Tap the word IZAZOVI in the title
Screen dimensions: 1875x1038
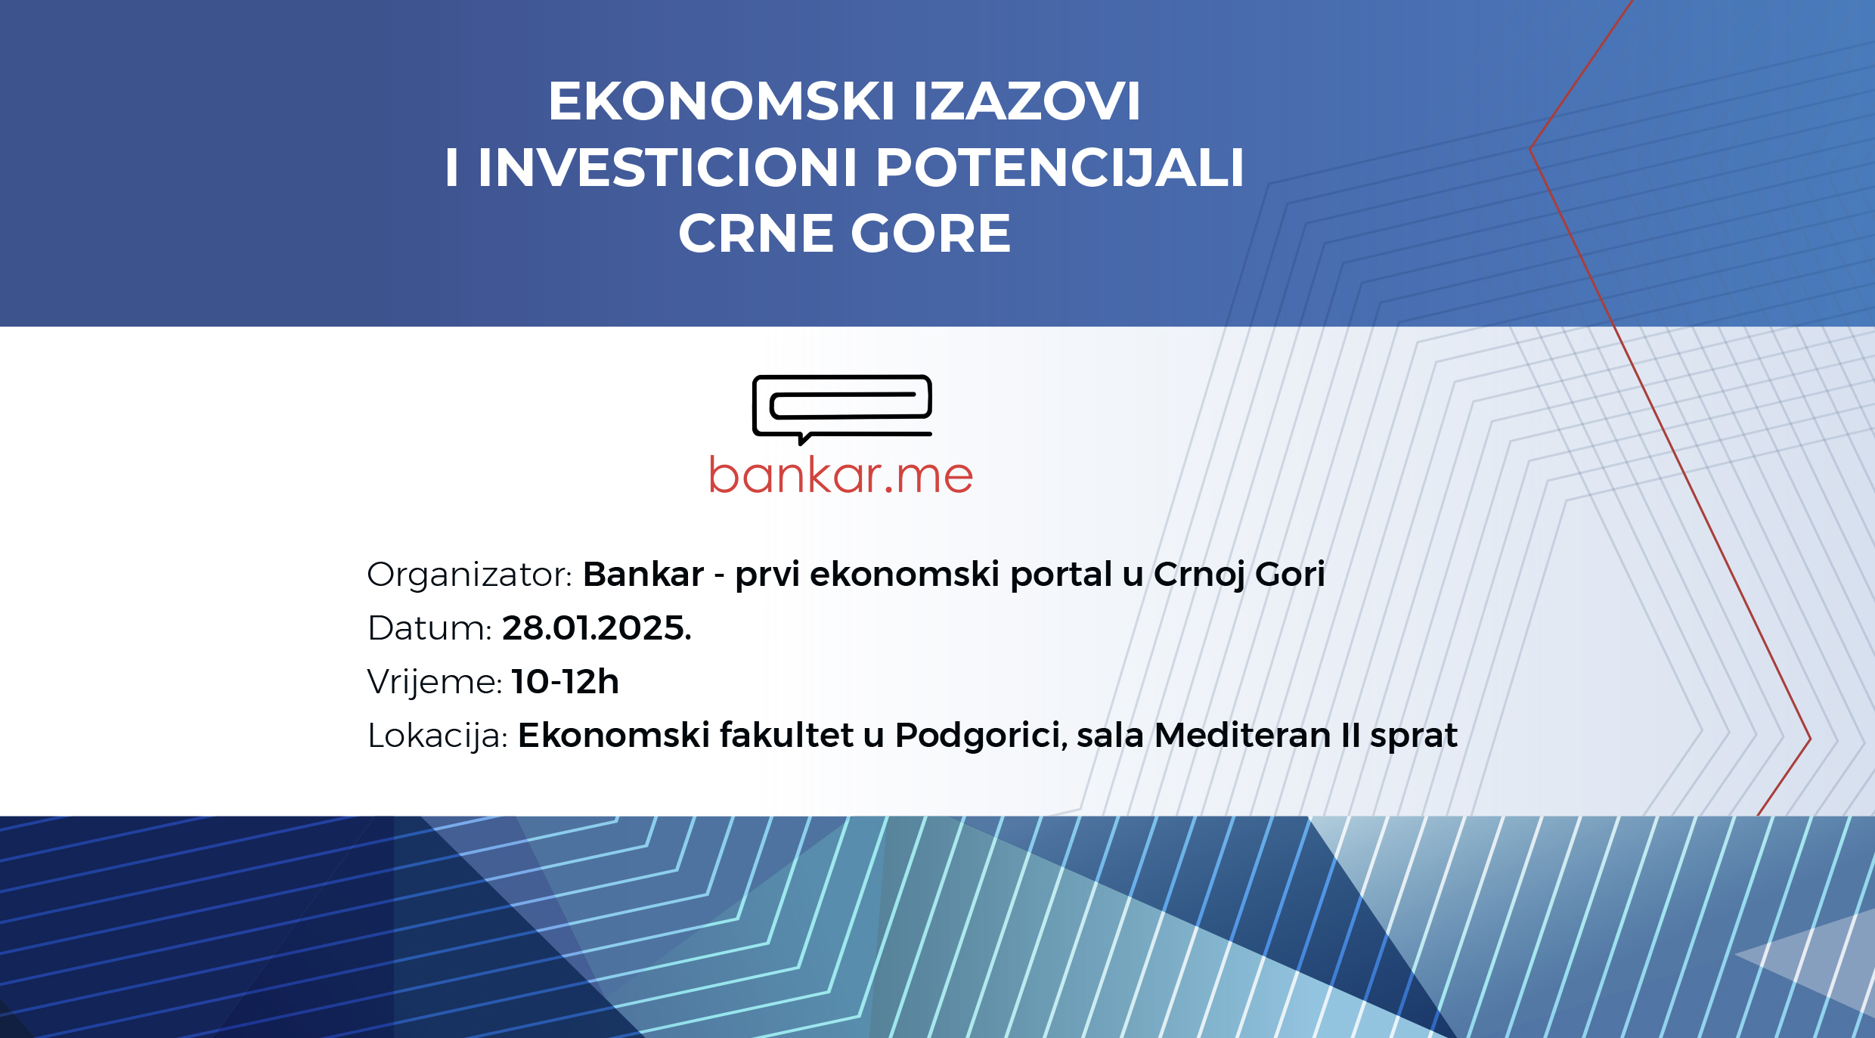pyautogui.click(x=1027, y=101)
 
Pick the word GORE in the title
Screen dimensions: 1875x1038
pyautogui.click(x=931, y=233)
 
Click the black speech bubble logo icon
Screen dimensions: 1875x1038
pyautogui.click(x=842, y=409)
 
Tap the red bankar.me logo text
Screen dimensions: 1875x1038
pyautogui.click(x=841, y=475)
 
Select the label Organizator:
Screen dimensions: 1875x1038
pyautogui.click(x=470, y=575)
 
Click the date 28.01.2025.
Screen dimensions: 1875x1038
pyautogui.click(x=597, y=628)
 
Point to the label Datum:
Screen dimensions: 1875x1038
pyautogui.click(x=429, y=628)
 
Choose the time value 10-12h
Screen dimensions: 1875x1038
pyautogui.click(x=566, y=682)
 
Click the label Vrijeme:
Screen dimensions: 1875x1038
pyautogui.click(x=435, y=683)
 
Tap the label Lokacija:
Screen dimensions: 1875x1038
pyautogui.click(x=438, y=736)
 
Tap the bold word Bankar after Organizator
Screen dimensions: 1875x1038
pyautogui.click(x=643, y=575)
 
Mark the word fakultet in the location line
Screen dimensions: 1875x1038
pyautogui.click(x=787, y=735)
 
